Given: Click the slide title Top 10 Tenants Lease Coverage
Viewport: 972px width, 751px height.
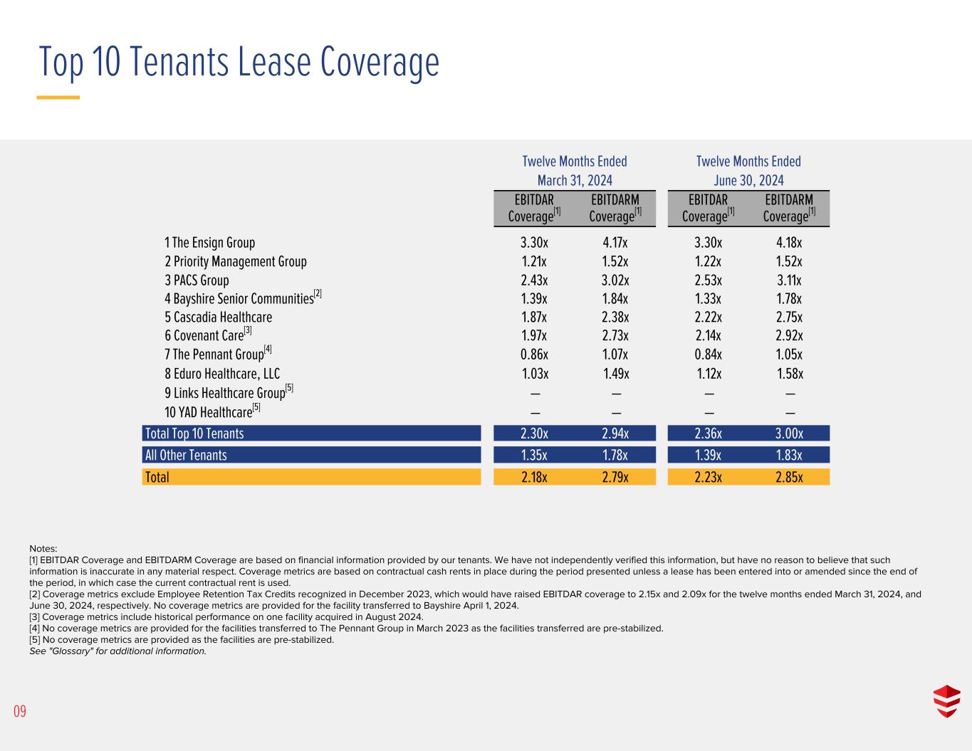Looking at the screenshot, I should (x=239, y=62).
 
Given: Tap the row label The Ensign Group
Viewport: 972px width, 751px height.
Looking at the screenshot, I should (x=210, y=243).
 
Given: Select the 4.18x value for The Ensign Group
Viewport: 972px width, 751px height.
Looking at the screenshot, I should (x=789, y=243).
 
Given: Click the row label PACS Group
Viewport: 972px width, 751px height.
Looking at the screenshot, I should (x=197, y=280).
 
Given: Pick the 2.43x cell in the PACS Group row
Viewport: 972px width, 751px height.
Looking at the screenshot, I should (x=534, y=280).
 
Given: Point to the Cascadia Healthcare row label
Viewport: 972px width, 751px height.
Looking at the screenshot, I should (x=218, y=317).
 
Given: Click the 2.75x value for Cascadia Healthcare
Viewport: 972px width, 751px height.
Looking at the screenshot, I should (x=789, y=317).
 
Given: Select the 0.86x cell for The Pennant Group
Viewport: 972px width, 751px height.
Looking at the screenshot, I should (x=534, y=355).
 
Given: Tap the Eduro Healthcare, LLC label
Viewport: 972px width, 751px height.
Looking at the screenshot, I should (x=222, y=374).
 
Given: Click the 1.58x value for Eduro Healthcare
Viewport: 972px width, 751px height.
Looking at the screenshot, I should (x=790, y=374).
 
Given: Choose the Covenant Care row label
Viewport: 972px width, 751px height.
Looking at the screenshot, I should (x=204, y=336).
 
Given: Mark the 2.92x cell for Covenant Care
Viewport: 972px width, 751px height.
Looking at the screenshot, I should (x=789, y=336).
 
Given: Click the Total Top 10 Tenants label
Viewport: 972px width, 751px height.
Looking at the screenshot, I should (x=194, y=434).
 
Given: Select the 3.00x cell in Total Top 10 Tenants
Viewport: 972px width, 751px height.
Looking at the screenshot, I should (x=789, y=434).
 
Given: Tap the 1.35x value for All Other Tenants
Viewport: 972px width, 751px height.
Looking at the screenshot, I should (x=534, y=456).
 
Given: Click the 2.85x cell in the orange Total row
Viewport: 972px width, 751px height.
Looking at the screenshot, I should (x=789, y=477).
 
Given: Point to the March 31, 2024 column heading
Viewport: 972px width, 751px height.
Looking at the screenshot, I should (x=575, y=180).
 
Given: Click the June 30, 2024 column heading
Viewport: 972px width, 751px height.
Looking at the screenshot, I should (x=748, y=180).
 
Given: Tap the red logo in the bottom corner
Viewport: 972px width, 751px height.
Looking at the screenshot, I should (x=946, y=701).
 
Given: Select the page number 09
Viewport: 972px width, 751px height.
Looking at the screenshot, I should (x=19, y=711).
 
